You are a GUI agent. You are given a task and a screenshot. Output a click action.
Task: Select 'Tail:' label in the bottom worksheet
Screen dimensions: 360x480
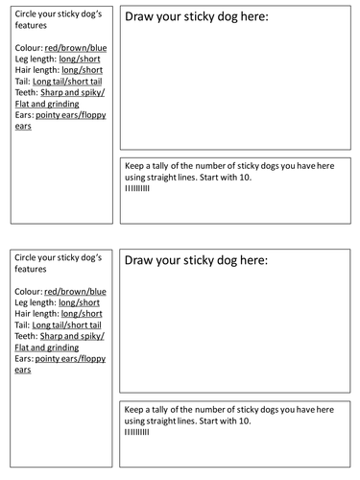25,324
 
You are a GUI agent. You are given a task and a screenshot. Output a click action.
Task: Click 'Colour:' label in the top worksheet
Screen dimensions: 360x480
30,47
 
